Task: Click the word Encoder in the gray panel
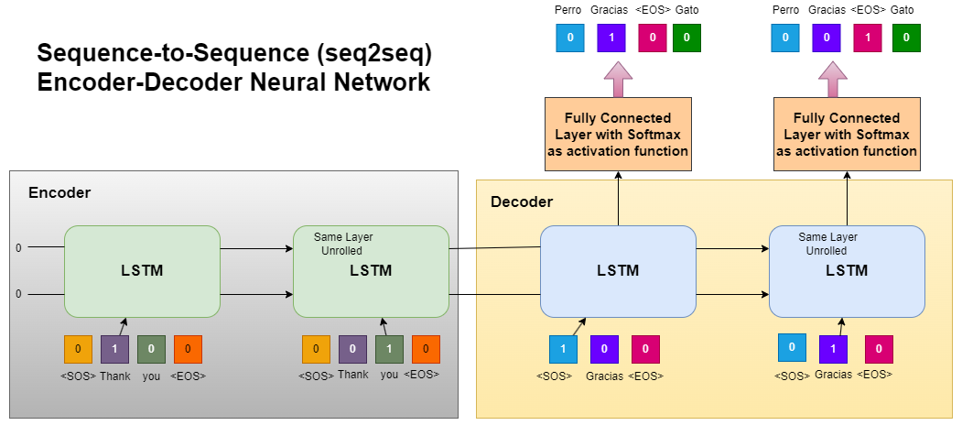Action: (x=59, y=192)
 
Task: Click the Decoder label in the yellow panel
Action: (x=522, y=202)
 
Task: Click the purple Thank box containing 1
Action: (x=114, y=349)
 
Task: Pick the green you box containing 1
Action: (x=389, y=349)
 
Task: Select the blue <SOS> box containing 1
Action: (x=563, y=349)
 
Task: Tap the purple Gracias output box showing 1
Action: (x=611, y=38)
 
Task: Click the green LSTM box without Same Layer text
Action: (x=142, y=271)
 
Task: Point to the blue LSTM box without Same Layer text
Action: (x=618, y=271)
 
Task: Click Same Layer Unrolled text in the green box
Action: (x=342, y=244)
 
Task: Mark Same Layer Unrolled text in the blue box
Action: (x=827, y=244)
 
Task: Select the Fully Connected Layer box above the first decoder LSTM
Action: (x=617, y=134)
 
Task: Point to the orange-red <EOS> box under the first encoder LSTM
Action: (x=188, y=349)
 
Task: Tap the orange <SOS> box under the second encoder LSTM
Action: (x=316, y=349)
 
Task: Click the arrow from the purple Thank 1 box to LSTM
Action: (x=121, y=325)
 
